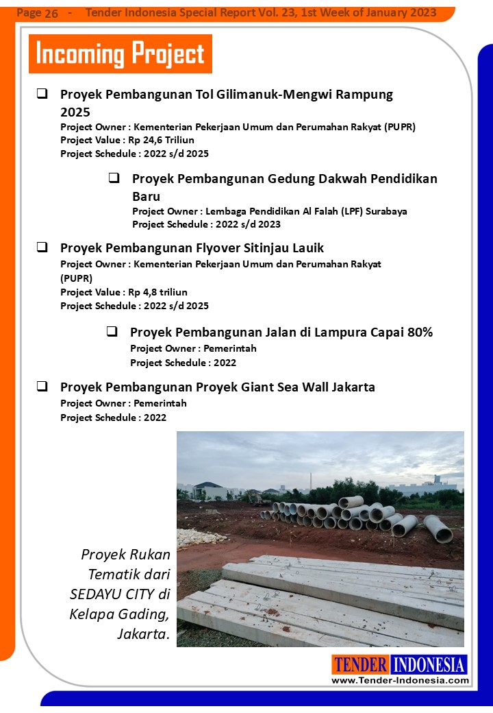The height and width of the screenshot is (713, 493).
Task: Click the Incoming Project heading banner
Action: coord(120,53)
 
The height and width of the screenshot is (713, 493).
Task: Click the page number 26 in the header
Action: coord(51,14)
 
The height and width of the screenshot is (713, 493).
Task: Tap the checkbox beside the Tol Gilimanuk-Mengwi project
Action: coord(42,94)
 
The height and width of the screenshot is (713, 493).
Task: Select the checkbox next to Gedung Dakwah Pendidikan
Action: coord(114,178)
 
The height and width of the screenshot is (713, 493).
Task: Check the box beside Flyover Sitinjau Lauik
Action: coord(42,247)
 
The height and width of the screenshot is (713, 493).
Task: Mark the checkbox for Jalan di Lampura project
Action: coord(112,332)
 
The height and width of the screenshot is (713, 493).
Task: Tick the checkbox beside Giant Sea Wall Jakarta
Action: coord(42,387)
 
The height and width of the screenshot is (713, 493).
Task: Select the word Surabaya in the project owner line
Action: coord(386,211)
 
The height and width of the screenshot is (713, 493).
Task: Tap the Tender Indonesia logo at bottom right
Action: coord(400,664)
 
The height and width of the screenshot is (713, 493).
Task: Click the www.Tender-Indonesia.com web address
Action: coord(400,680)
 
